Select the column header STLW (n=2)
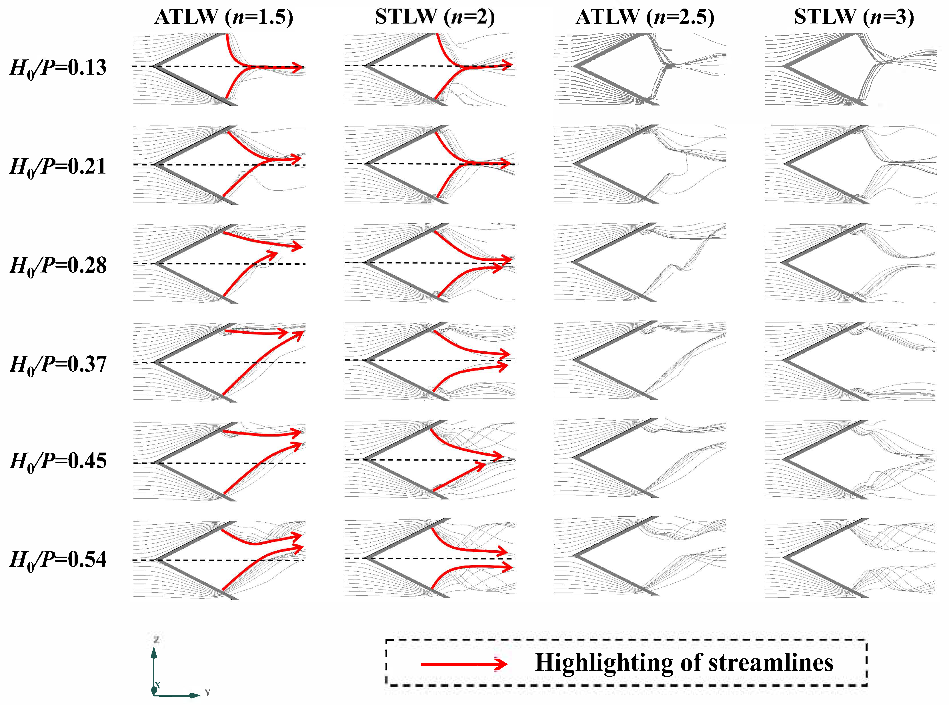coord(435,17)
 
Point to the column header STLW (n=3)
coord(854,17)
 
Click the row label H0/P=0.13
coord(58,68)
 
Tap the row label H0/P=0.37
coord(58,365)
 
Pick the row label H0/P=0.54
coord(58,560)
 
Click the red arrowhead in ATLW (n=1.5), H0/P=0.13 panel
coord(299,67)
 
